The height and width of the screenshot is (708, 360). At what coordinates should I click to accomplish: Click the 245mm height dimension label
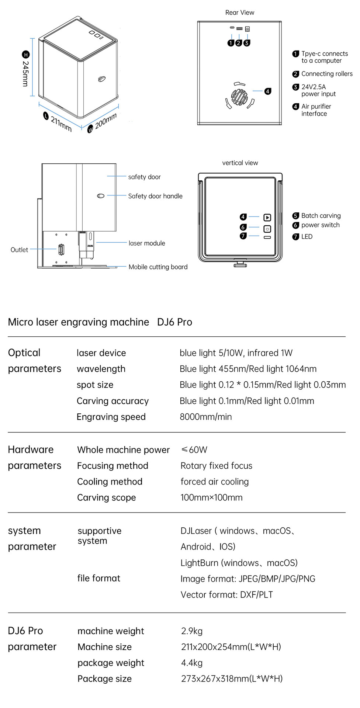click(25, 73)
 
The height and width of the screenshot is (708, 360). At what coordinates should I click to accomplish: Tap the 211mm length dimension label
click(61, 124)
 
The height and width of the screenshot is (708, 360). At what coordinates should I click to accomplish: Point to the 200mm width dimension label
click(106, 121)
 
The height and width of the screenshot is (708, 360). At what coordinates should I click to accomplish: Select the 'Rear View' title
click(240, 13)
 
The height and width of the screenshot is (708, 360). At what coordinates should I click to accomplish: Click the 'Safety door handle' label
click(155, 196)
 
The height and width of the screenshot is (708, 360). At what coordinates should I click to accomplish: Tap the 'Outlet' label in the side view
click(19, 250)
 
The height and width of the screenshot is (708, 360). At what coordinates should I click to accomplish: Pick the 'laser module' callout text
click(147, 243)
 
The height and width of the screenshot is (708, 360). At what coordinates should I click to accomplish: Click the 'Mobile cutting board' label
click(158, 267)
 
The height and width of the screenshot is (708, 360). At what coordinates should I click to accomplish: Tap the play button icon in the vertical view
click(267, 218)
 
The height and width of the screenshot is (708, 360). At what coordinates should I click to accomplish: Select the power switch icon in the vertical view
click(267, 229)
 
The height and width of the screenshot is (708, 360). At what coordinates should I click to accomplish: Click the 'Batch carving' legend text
click(321, 216)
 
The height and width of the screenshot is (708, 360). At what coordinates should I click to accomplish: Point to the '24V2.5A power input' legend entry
click(319, 90)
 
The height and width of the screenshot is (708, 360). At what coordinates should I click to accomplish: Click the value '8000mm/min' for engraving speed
click(206, 417)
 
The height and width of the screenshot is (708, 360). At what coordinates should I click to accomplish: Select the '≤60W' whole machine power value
click(194, 450)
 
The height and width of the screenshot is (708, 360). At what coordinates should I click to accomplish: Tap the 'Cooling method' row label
click(110, 482)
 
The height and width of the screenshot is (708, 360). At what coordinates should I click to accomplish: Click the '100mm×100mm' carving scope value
click(211, 497)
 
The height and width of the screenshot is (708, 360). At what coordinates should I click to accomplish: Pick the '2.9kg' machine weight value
click(192, 631)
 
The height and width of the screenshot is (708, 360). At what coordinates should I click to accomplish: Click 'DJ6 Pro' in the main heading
click(174, 322)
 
